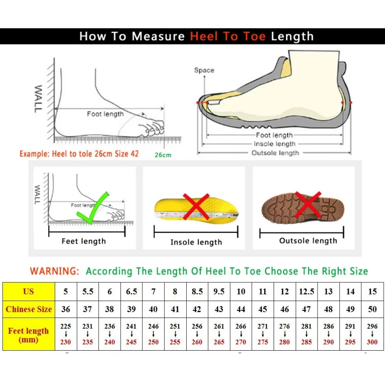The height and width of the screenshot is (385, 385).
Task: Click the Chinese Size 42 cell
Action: pyautogui.click(x=197, y=309)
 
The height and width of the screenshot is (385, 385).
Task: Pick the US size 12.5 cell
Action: pyautogui.click(x=306, y=291)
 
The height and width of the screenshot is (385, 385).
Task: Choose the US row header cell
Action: pyautogui.click(x=29, y=291)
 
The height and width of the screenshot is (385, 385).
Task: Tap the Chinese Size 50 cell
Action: pyautogui.click(x=372, y=309)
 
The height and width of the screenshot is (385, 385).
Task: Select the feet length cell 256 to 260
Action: pyautogui.click(x=197, y=334)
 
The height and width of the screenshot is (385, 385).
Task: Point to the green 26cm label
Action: pyautogui.click(x=163, y=155)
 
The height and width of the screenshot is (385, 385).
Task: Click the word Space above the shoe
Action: pyautogui.click(x=204, y=70)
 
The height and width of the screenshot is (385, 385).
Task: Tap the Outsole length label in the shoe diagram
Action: pyautogui.click(x=275, y=153)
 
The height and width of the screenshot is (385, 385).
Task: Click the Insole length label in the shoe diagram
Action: pyautogui.click(x=274, y=144)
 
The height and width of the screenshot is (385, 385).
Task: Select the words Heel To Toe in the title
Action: pyautogui.click(x=228, y=36)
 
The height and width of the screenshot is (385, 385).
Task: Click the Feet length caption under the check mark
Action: pyautogui.click(x=84, y=241)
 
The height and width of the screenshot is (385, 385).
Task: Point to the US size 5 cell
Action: pyautogui.click(x=66, y=291)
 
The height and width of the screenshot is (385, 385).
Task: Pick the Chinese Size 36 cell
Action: pyautogui.click(x=66, y=309)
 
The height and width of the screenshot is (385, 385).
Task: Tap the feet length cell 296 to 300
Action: pyautogui.click(x=372, y=334)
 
